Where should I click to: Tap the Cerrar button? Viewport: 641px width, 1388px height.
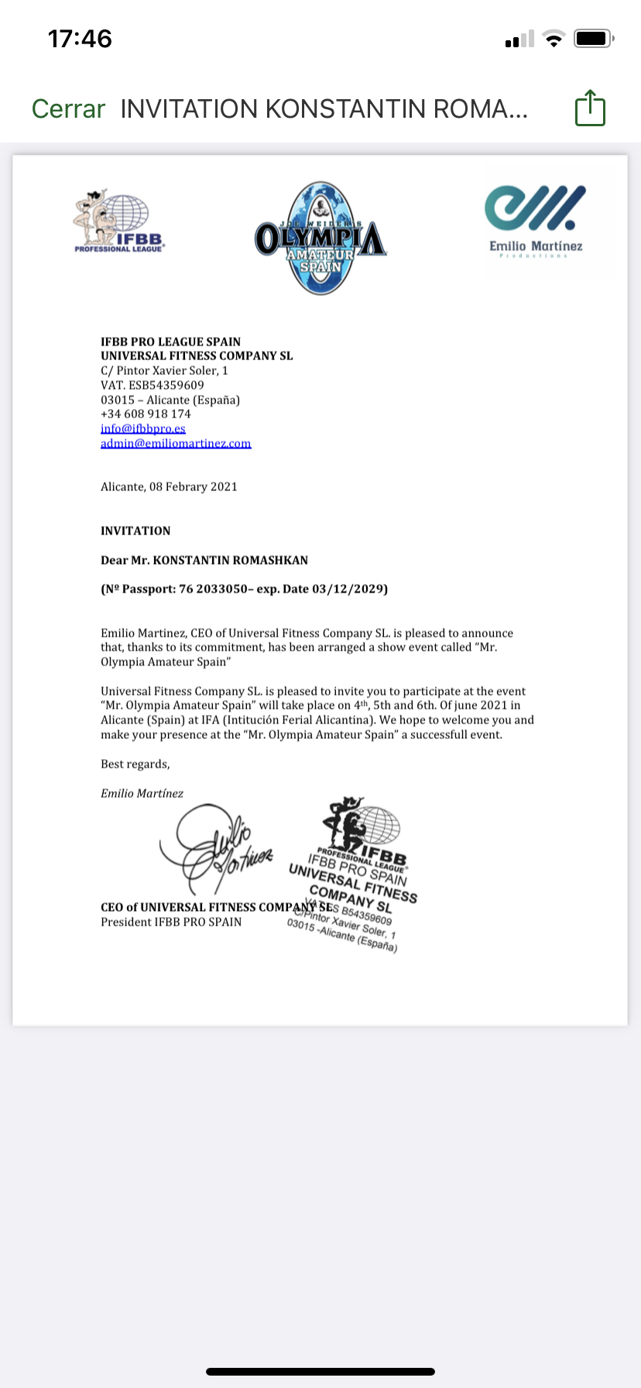tap(68, 109)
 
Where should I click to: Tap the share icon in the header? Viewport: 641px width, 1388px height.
tap(590, 108)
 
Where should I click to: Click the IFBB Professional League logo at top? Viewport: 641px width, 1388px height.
tap(118, 222)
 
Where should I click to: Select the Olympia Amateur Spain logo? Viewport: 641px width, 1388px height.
tap(320, 239)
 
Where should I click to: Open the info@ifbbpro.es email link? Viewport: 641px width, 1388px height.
tap(143, 428)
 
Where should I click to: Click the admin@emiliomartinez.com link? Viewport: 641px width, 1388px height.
tap(176, 443)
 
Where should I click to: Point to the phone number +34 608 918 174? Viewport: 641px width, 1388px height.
tap(146, 414)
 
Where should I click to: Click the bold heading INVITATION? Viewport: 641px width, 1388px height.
tap(135, 531)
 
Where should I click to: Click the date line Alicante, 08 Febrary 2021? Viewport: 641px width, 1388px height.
tap(169, 486)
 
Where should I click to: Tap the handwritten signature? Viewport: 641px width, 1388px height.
tap(217, 848)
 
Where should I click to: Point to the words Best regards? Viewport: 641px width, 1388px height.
tap(135, 764)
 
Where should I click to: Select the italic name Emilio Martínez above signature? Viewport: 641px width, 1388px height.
tap(142, 793)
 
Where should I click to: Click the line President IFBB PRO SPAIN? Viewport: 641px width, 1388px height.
tap(171, 922)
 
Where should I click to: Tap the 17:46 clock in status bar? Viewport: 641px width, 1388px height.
tap(80, 39)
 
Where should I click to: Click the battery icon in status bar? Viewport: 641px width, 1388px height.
tap(593, 39)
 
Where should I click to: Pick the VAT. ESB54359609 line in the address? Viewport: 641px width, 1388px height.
tap(153, 385)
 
